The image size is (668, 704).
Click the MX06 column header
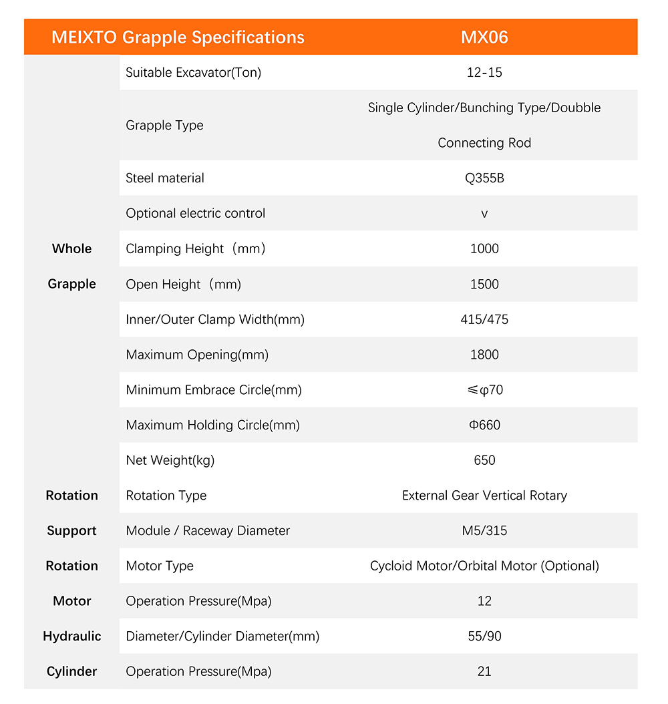[x=484, y=37]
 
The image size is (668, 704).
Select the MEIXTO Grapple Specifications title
[x=178, y=37]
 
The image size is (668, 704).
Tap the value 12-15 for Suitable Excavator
[x=484, y=72]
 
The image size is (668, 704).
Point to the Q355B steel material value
[x=484, y=178]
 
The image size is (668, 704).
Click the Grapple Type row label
[x=164, y=126]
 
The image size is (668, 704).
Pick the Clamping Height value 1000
[x=484, y=248]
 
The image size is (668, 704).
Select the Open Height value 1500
[x=484, y=284]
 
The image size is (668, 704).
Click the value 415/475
[x=484, y=319]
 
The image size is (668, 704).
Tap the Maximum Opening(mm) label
[x=197, y=355]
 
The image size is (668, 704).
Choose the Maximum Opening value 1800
[x=484, y=355]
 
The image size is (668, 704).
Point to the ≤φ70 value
[x=484, y=390]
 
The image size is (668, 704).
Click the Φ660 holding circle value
[x=484, y=425]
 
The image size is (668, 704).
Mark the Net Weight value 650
[x=484, y=460]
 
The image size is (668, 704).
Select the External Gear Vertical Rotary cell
[x=484, y=496]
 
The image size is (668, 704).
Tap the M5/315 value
[x=484, y=531]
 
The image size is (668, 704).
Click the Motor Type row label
[x=160, y=566]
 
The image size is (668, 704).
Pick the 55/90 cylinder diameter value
[x=484, y=637]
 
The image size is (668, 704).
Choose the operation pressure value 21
[x=484, y=671]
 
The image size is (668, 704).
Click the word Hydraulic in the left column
[x=72, y=637]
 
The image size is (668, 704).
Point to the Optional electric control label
[x=196, y=214]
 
